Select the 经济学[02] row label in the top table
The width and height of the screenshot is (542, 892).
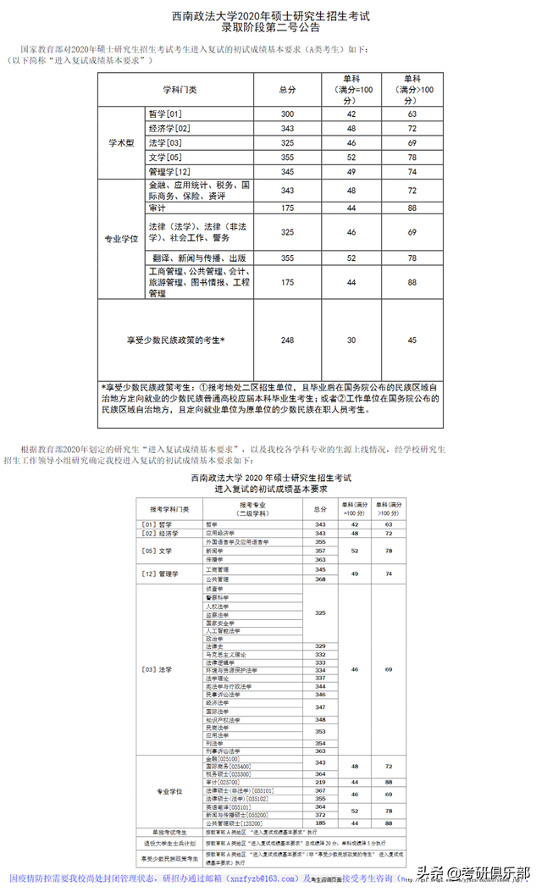(x=169, y=129)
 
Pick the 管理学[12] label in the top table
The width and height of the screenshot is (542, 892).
(x=169, y=172)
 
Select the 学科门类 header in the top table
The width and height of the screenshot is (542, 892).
(x=180, y=90)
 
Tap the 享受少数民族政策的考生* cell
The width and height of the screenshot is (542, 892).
(x=176, y=340)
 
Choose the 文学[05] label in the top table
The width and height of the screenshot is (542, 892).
(x=166, y=158)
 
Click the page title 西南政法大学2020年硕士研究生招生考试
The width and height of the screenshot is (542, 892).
(x=271, y=15)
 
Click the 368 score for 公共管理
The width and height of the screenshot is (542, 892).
(x=320, y=579)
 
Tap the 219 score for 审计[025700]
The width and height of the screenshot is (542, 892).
(x=320, y=782)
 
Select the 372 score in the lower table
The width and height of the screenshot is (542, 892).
(x=320, y=815)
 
